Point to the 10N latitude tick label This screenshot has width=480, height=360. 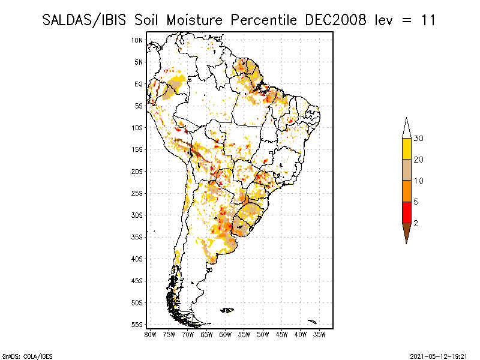[137, 40]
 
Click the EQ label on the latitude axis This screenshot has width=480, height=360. [138, 84]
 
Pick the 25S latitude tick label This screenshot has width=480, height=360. [137, 193]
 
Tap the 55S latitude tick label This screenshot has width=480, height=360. [137, 324]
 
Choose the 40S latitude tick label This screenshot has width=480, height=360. [137, 259]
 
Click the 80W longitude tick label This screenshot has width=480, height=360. [150, 334]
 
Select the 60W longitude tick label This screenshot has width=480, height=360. [226, 334]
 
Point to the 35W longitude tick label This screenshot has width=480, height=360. [320, 334]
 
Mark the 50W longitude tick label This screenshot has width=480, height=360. [263, 334]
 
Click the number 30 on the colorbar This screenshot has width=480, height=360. [419, 139]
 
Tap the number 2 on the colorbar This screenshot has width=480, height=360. [416, 223]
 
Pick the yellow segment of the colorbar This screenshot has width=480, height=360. [406, 149]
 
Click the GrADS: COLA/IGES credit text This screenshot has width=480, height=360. [23, 355]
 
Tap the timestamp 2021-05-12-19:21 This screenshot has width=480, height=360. [438, 355]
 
